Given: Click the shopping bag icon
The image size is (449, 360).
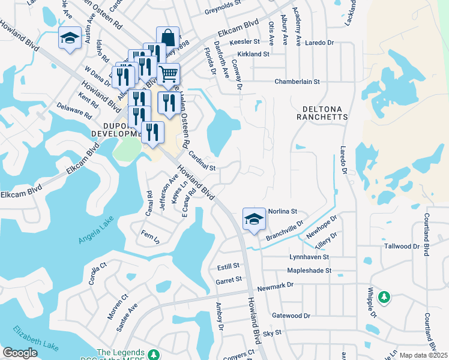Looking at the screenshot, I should click(x=168, y=37).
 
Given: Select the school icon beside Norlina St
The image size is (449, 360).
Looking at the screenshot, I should click(x=254, y=219).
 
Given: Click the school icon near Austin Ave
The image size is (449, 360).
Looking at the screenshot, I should click(x=70, y=39).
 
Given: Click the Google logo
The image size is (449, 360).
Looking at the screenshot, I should click(x=20, y=353).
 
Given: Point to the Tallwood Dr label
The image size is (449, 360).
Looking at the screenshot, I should click(x=402, y=247).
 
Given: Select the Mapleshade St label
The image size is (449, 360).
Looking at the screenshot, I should click(x=309, y=271).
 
